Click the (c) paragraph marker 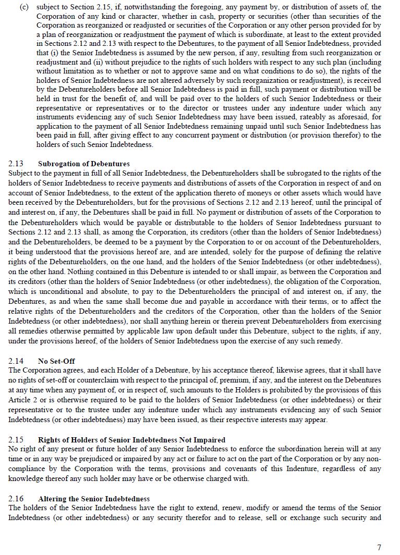pos(23,7)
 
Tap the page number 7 pos(379,547)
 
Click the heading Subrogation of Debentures pos(83,164)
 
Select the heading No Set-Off pos(56,361)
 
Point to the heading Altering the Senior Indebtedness pos(94,499)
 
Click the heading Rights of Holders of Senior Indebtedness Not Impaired pos(131,440)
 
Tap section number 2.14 pos(16,361)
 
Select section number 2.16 pos(16,499)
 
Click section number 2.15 pos(16,440)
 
